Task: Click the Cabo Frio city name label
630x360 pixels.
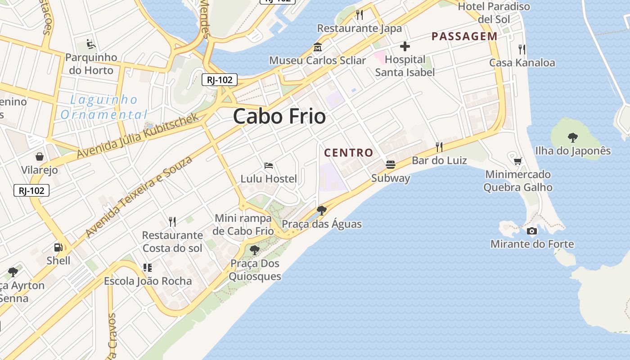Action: coord(279,117)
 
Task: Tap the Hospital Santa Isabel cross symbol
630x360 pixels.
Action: coord(405,46)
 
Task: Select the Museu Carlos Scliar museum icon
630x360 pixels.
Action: coord(318,47)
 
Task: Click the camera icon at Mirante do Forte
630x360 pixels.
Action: coord(531,231)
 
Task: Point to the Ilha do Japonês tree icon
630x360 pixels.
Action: coord(572,137)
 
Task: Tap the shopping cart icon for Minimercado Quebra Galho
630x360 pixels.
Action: coord(518,161)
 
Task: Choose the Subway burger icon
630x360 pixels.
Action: coord(390,165)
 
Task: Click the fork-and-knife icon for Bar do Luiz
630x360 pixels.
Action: coord(439,147)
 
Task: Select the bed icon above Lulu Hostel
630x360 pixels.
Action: coord(269,166)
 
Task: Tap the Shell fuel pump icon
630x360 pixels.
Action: coord(58,247)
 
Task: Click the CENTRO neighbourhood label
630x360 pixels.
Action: coord(349,153)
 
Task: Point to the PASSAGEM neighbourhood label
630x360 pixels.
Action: coord(464,36)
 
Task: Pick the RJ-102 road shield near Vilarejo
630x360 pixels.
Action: coord(31,190)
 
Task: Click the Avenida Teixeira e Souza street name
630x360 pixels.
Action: coord(139,196)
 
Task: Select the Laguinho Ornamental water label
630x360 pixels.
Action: coord(104,107)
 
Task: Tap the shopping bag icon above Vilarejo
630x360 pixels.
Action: coord(40,157)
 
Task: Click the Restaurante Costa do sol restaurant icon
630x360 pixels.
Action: coord(172,221)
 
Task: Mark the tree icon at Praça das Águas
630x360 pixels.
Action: coord(321,210)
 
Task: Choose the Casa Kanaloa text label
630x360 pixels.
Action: coord(522,63)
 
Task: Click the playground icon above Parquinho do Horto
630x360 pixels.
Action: coord(91,44)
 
